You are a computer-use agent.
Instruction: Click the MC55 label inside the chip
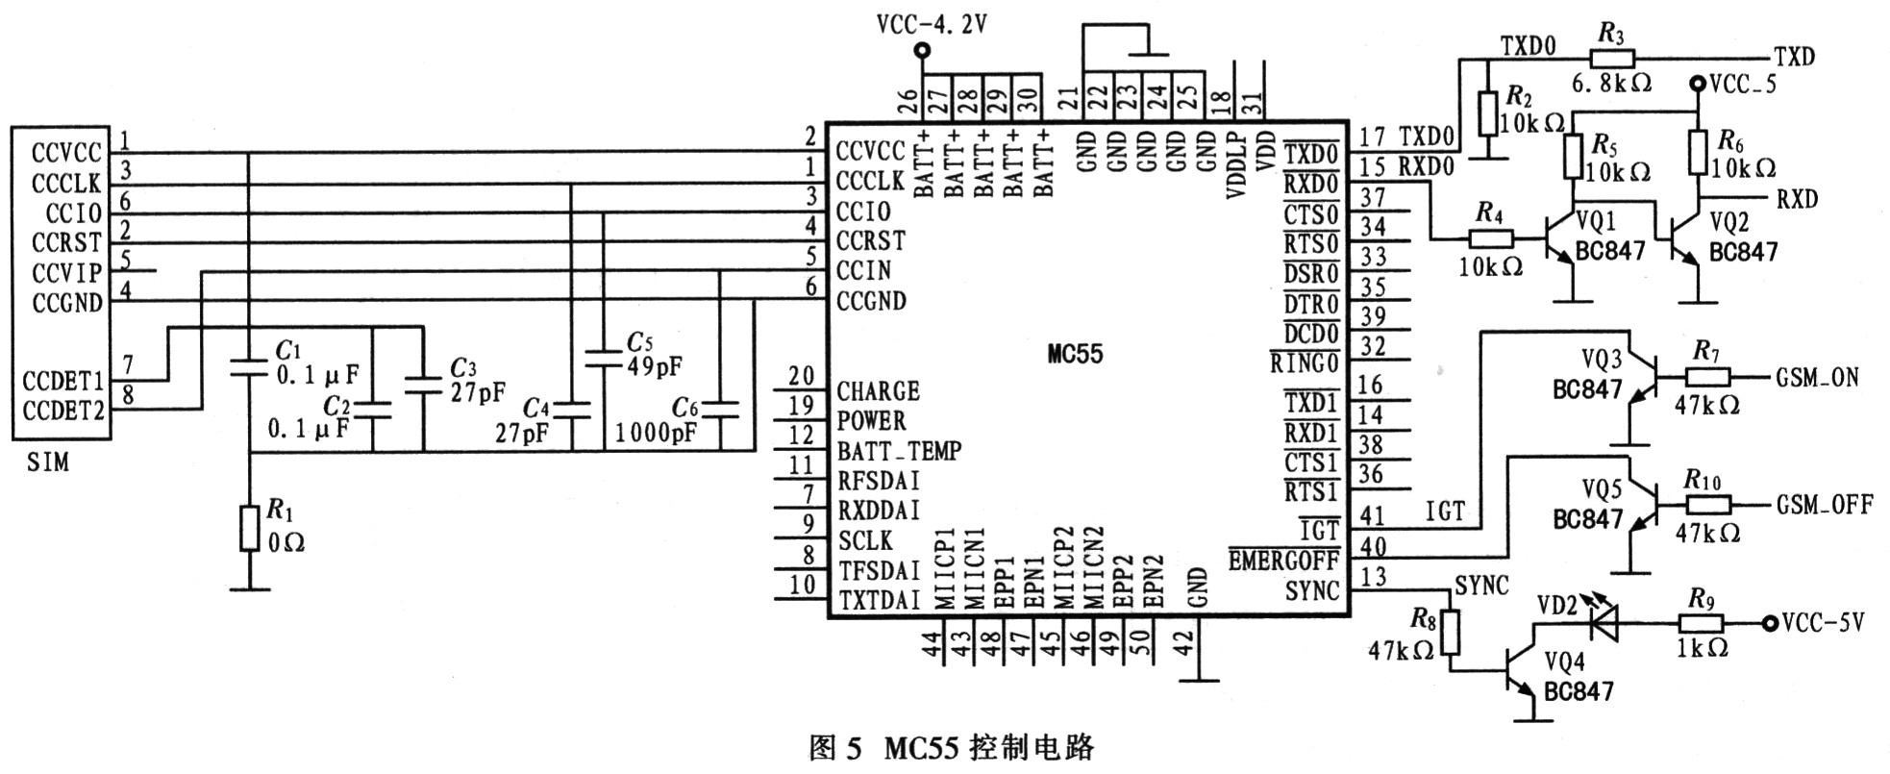click(1075, 354)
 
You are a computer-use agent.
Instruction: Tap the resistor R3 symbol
click(1612, 57)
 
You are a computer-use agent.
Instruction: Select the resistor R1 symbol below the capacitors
click(250, 527)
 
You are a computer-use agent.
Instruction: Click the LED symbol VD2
click(1603, 624)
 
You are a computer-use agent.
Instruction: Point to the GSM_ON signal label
click(1817, 377)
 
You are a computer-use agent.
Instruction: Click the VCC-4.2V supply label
click(932, 24)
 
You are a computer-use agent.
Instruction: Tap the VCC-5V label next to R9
click(1823, 623)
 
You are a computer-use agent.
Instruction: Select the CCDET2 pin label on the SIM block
click(63, 411)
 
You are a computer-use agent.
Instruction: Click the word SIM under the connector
click(48, 463)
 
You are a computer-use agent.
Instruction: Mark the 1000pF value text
click(657, 433)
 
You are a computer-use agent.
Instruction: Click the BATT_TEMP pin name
click(899, 451)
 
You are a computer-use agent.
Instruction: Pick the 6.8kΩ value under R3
click(1611, 84)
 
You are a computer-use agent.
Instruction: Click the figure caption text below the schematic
click(952, 748)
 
